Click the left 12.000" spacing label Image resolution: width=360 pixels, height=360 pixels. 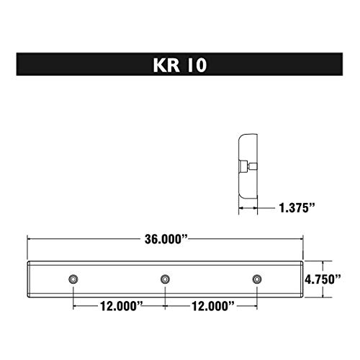[x=118, y=306]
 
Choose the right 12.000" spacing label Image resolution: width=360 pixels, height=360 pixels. [x=211, y=306]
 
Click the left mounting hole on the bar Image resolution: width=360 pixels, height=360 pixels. [x=73, y=279]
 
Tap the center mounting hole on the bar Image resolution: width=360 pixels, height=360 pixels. [x=165, y=279]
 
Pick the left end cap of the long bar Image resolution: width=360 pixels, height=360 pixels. [x=29, y=279]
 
